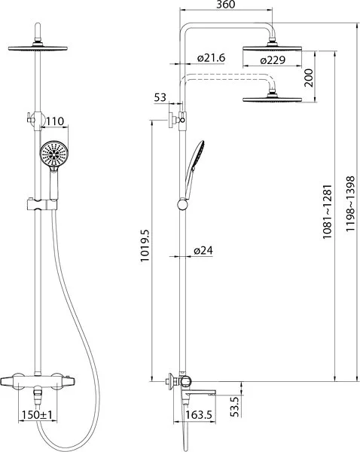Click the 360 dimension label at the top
click(226, 5)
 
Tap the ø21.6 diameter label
click(211, 58)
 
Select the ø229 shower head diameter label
click(273, 60)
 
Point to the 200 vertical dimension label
click(308, 78)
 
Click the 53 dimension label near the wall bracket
click(160, 97)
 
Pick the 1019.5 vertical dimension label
click(145, 246)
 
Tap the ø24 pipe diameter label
click(203, 250)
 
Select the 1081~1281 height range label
click(328, 212)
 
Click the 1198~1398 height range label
click(350, 204)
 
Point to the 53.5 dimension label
click(235, 407)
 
